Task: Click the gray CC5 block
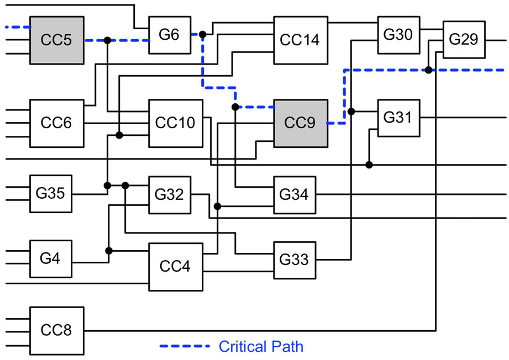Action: click(56, 40)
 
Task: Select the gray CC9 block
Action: click(301, 123)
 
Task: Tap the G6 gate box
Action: click(170, 34)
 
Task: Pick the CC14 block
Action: click(301, 40)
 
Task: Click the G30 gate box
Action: click(398, 35)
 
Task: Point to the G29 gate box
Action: click(464, 40)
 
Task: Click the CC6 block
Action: click(56, 123)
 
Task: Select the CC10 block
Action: click(175, 123)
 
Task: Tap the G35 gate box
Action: click(51, 194)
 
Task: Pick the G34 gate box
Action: click(295, 194)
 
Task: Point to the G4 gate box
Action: click(51, 258)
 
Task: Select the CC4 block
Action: click(175, 266)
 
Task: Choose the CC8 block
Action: click(56, 331)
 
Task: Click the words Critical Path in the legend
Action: click(261, 347)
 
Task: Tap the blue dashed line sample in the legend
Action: click(185, 347)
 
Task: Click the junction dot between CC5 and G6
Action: click(108, 40)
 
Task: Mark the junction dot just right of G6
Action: click(202, 35)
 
